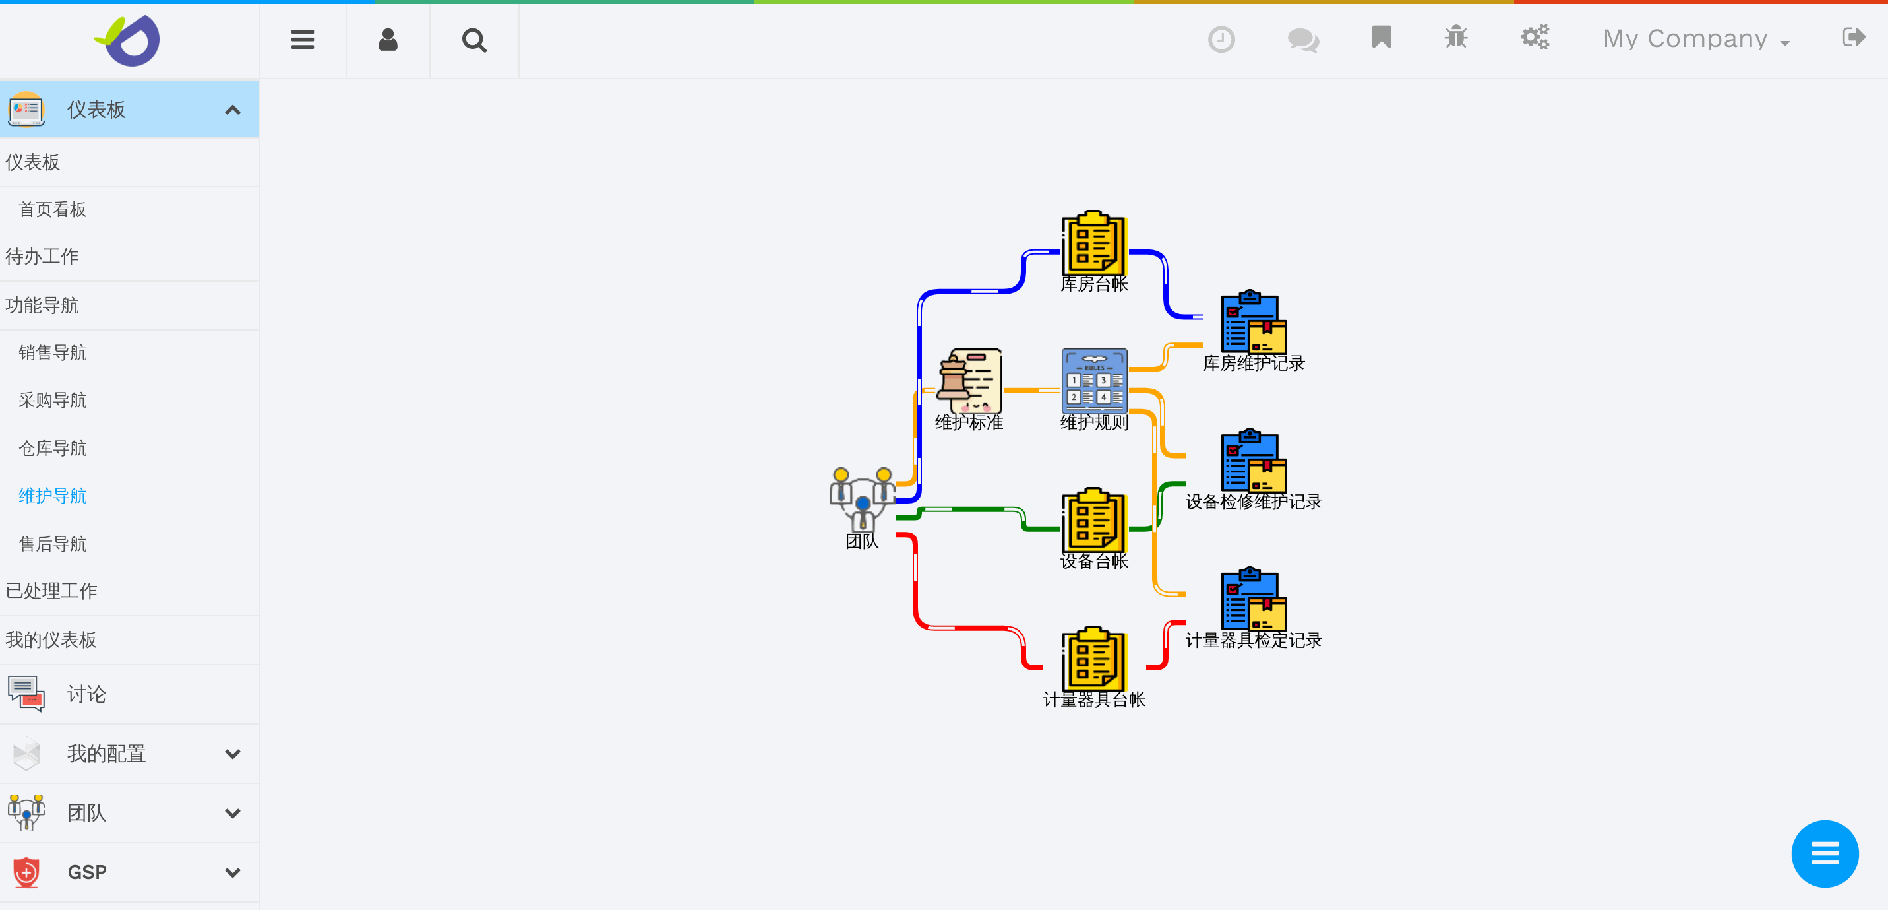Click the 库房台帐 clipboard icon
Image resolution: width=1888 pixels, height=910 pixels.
point(1093,244)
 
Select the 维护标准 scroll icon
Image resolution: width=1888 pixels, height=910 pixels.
point(969,381)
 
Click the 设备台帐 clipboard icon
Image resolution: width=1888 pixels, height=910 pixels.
point(1093,520)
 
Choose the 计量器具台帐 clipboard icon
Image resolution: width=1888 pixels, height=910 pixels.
point(1093,659)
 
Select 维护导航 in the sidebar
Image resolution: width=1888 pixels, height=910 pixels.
point(53,496)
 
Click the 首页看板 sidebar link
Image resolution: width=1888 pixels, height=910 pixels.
point(53,210)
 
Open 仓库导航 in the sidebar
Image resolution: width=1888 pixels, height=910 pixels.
point(53,448)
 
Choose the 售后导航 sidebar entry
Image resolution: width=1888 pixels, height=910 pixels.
point(53,543)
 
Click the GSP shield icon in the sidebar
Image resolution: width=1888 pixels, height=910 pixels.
point(26,872)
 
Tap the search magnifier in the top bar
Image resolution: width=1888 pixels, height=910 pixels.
point(474,40)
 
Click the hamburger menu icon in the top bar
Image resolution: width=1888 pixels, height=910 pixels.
point(303,40)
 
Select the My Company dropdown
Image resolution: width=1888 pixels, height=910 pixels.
point(1695,39)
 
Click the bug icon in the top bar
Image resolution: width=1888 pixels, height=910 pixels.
point(1455,38)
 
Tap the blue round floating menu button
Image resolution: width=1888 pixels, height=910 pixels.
point(1824,853)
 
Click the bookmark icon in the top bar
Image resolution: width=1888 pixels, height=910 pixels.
point(1381,38)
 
